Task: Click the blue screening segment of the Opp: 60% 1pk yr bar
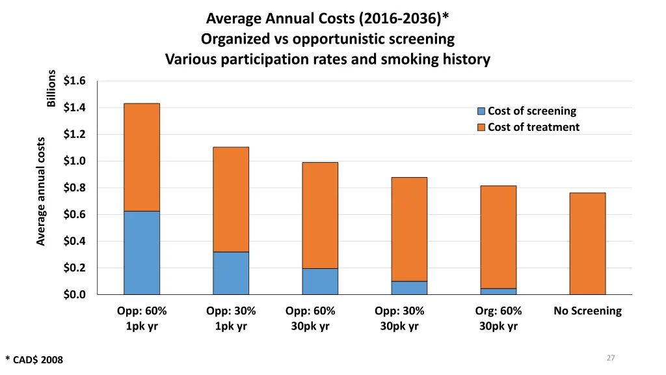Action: (142, 253)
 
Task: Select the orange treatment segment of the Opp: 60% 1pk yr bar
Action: (142, 157)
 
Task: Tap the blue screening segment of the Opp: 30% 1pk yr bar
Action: (231, 273)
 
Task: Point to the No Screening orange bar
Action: (587, 243)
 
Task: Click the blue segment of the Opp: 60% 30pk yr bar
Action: (320, 281)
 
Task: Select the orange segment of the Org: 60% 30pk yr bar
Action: (498, 237)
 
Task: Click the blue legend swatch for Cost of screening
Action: (481, 111)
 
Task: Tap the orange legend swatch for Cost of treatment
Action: (481, 128)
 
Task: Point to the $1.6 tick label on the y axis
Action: (75, 81)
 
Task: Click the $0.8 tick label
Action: (75, 188)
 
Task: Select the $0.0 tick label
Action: (75, 295)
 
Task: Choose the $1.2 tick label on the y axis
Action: (75, 135)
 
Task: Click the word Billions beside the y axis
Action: (51, 88)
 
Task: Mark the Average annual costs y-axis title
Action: (41, 191)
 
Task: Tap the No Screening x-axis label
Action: (587, 311)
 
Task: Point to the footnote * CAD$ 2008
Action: (34, 359)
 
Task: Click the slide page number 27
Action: (610, 357)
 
